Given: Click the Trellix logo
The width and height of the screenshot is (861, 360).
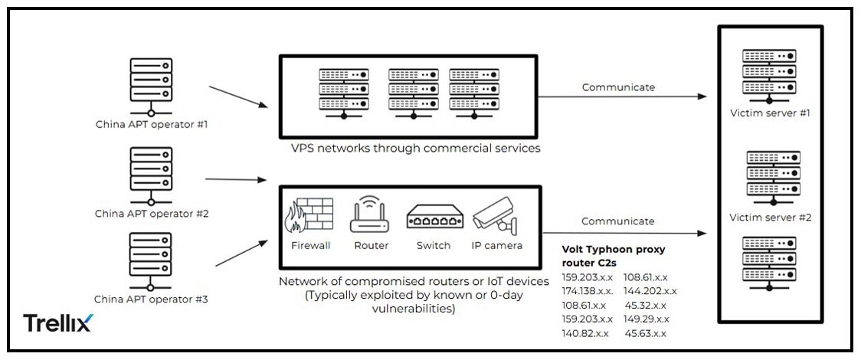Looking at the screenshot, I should (57, 322).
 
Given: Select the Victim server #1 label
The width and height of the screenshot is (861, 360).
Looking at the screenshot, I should (769, 113).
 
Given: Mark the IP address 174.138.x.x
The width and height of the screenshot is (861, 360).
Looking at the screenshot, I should (588, 291).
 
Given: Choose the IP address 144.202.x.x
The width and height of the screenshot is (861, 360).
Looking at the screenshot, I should (650, 291).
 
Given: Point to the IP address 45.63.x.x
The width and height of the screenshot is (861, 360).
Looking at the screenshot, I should (645, 333).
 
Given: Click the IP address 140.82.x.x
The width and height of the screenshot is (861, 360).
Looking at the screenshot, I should (585, 333).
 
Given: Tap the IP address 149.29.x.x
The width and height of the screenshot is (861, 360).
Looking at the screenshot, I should (647, 319).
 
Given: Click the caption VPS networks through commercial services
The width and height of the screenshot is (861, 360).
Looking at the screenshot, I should (415, 148).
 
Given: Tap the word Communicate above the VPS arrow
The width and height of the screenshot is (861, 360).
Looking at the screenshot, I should (618, 87).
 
